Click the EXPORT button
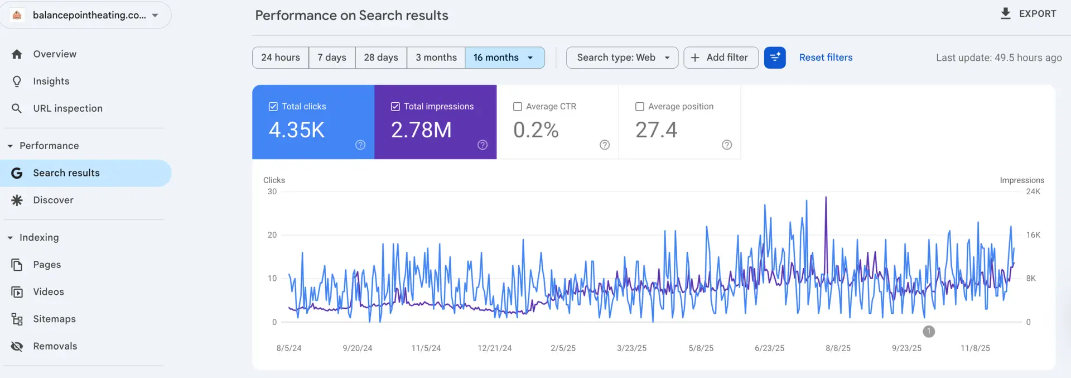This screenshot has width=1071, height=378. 1028,14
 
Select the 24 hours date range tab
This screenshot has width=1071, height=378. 281,58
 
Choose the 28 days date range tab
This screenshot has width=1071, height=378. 381,58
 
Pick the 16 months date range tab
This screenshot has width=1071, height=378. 504,58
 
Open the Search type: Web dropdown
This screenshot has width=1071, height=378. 622,58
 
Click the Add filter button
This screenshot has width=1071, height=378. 720,58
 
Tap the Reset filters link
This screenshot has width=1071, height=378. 826,58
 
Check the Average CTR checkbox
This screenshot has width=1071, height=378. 518,107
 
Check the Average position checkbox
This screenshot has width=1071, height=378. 640,107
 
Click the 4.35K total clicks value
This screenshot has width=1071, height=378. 297,130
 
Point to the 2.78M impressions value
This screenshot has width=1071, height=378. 421,130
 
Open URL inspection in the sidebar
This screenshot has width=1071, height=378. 67,108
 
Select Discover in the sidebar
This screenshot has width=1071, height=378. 53,200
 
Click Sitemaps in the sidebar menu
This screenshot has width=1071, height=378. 54,319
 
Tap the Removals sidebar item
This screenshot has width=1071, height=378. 55,346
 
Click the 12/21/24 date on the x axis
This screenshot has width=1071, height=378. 494,348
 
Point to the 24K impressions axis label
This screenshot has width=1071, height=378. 1033,192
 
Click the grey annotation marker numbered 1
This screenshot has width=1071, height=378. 929,332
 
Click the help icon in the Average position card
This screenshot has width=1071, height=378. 727,145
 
